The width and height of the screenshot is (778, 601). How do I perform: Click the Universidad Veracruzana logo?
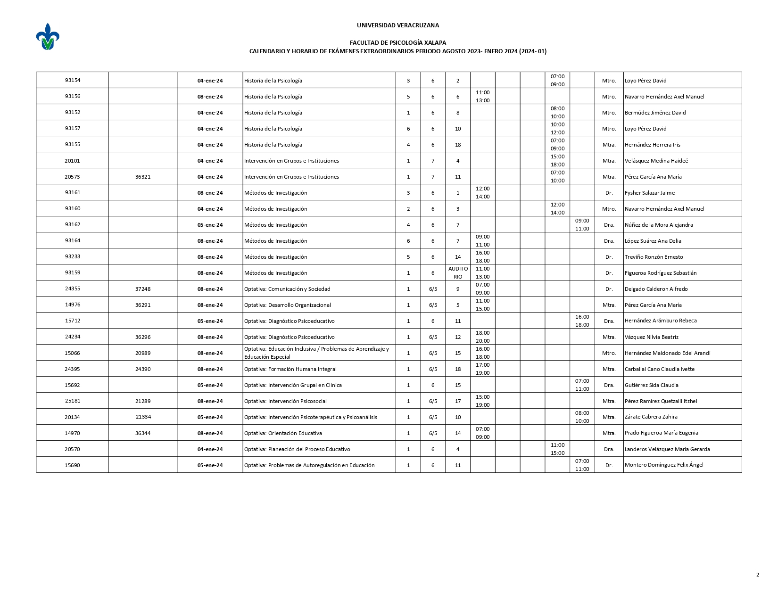[x=48, y=37]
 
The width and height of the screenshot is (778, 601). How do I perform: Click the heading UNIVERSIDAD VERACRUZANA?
[x=397, y=25]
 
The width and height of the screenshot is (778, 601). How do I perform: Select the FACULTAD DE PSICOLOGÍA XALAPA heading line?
[x=397, y=43]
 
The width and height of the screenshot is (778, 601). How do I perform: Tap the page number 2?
[x=757, y=575]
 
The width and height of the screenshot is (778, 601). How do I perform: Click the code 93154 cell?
[x=72, y=80]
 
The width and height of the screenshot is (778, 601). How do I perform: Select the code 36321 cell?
[x=143, y=177]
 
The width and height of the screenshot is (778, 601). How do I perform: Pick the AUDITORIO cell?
[x=458, y=273]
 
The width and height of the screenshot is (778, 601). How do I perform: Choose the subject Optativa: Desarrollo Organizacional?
[x=287, y=305]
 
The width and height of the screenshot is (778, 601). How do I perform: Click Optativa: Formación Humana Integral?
[x=290, y=369]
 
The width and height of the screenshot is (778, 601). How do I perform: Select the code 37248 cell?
[x=143, y=289]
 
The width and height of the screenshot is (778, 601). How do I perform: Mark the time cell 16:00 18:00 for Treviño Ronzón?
[x=482, y=257]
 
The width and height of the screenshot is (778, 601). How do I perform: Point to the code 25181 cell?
[x=72, y=401]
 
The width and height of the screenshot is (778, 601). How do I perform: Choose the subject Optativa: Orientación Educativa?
[x=283, y=433]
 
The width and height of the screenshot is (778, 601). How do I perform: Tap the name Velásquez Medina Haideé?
[x=656, y=161]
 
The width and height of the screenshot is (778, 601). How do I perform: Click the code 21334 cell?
[x=143, y=417]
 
